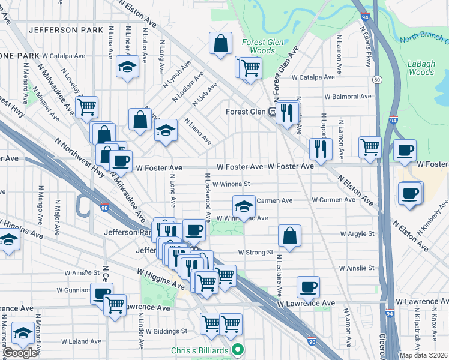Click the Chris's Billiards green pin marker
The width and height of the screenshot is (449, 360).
click(238, 349)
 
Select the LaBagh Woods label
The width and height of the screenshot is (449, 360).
click(420, 67)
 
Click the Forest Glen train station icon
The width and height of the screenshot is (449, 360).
click(272, 111)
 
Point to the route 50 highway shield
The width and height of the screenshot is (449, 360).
click(376, 79)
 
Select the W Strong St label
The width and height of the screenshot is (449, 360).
click(256, 253)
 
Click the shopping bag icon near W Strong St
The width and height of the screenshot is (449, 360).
click(289, 235)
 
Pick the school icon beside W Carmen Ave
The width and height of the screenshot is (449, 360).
click(243, 206)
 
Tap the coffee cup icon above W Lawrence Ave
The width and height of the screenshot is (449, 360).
click(308, 286)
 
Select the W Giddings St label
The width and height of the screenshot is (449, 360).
click(167, 331)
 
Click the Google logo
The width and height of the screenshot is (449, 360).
click(20, 353)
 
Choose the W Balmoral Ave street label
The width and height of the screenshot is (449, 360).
click(348, 97)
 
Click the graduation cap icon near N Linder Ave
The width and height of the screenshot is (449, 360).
click(127, 67)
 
